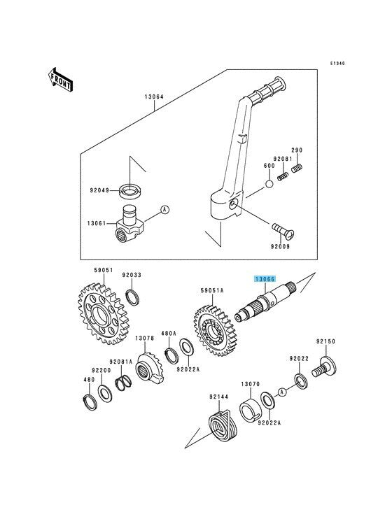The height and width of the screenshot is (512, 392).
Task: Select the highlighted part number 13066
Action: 265,279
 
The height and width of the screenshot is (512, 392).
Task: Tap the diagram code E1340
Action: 337,64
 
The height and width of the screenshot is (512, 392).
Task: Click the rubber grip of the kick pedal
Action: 267,89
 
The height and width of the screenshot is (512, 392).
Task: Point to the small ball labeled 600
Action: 269,184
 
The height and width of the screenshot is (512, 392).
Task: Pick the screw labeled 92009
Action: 283,230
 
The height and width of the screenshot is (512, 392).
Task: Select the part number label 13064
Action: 154,97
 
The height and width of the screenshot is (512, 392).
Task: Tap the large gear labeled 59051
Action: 103,314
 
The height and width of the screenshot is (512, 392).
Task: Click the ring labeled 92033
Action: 132,297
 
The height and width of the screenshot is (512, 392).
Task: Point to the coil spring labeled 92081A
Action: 123,383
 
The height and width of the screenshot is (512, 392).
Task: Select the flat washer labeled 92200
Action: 105,394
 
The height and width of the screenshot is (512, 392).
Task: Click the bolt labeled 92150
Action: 323,367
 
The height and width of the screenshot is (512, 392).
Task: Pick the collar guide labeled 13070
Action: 250,409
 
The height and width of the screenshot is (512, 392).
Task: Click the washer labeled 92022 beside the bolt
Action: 301,381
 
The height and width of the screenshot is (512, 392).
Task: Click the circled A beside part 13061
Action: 165,210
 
